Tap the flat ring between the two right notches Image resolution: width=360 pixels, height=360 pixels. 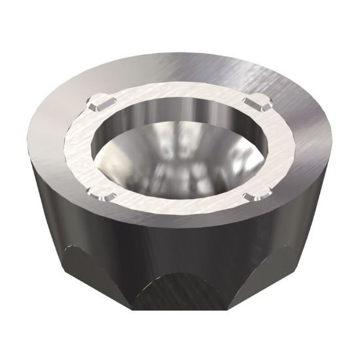click(x=275, y=147)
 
